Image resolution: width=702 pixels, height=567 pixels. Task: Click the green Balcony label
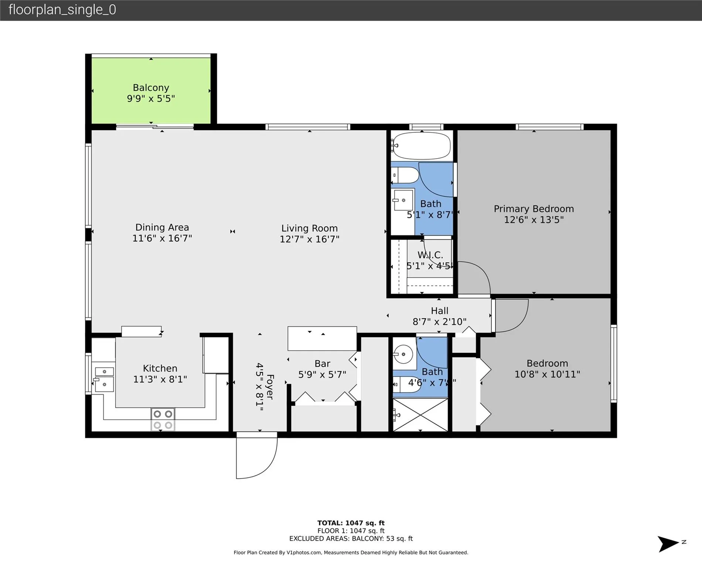point(151,88)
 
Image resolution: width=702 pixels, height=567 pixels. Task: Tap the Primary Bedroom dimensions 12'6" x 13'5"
point(534,220)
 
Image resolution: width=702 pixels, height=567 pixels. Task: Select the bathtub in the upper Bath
point(422,146)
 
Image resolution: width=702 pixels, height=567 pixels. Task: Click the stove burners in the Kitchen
point(163,419)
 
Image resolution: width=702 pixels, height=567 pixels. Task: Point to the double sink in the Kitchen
point(104,378)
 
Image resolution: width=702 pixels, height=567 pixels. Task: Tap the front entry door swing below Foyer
point(256,458)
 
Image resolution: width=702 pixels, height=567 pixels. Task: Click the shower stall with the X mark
point(420,415)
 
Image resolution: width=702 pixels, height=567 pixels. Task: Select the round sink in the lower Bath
point(403,354)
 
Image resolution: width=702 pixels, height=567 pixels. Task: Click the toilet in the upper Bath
point(405,175)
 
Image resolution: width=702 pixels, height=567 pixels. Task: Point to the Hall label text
point(439,311)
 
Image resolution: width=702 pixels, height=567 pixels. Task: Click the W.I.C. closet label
point(430,255)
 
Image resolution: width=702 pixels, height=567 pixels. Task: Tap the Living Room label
point(309,228)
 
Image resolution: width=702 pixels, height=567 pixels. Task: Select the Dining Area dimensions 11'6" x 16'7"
point(162,238)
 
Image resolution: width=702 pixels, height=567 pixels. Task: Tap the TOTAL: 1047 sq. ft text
point(351,523)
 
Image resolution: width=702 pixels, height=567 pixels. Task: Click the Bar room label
point(322,364)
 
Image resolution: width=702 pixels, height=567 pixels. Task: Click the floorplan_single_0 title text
point(62,10)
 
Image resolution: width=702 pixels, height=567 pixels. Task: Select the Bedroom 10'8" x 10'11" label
point(547,369)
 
